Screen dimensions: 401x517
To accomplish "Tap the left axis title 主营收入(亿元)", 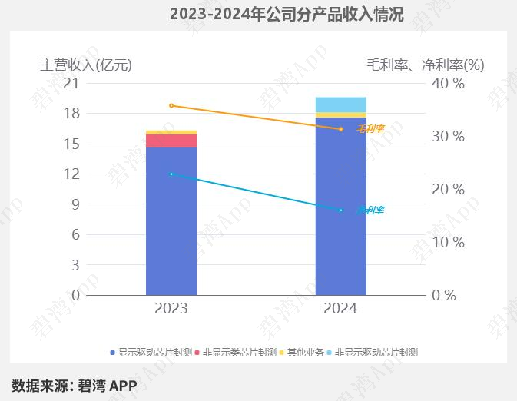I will coord(86,65).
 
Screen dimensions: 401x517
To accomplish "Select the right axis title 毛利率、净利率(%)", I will coord(425,65).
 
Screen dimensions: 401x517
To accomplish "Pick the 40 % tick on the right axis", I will coord(449,83).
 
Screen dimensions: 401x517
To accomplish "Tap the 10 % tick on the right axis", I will coord(449,242).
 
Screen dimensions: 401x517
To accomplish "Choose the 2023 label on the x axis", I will coord(171,309).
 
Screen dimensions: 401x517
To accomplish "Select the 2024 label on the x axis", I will coord(340,309).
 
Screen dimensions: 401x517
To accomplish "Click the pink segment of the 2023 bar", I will coord(171,141).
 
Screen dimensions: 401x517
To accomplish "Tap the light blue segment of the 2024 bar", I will coord(341,104).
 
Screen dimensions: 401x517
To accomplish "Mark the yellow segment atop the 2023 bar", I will coord(171,132).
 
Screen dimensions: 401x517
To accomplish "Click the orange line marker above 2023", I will coord(171,105).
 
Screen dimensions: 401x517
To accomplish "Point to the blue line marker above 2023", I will coord(171,174).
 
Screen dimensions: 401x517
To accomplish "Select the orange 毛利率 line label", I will coord(370,129).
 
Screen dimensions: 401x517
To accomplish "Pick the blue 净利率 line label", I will coord(370,210).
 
